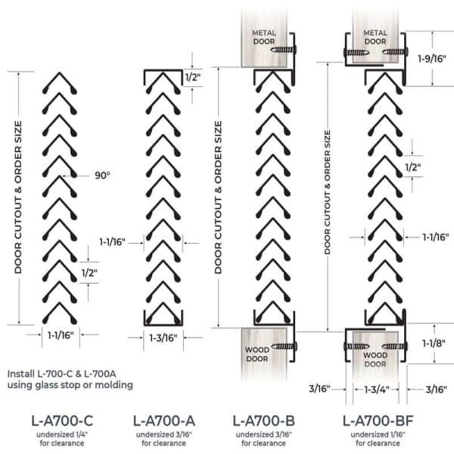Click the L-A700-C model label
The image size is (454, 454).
[62, 421]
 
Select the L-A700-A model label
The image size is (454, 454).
[164, 421]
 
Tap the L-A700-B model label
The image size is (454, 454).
[264, 421]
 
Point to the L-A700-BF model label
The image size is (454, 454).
[378, 421]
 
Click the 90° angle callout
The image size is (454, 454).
[102, 176]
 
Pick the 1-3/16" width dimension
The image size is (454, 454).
[163, 338]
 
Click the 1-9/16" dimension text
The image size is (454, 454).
[432, 59]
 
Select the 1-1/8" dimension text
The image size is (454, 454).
[434, 344]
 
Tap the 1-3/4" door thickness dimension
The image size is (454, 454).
[376, 390]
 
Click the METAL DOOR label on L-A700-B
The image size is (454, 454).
[264, 37]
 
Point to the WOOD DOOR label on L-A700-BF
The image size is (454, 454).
[375, 359]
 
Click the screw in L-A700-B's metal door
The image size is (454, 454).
[284, 50]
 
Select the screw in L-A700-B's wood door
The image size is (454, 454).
[285, 347]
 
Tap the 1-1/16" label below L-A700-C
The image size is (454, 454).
[61, 335]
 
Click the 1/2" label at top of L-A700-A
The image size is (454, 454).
[193, 77]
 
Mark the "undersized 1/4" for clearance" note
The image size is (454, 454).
[62, 439]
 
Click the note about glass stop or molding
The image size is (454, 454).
[70, 379]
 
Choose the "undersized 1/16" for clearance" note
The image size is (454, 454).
[378, 439]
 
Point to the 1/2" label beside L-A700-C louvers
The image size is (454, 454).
[89, 272]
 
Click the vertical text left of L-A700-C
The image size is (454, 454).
[18, 197]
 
